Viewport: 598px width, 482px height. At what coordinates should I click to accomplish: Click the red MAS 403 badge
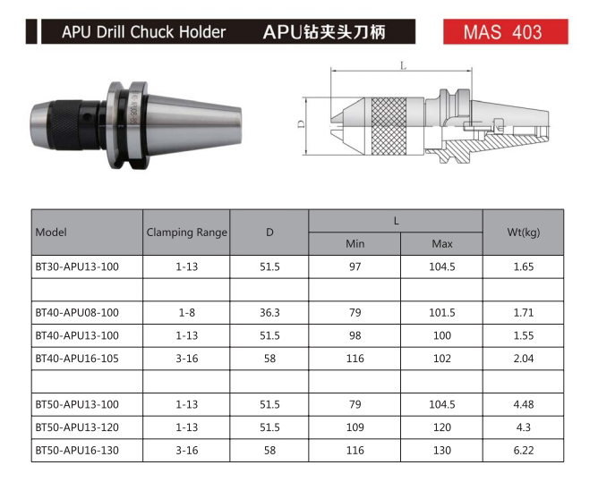[505, 31]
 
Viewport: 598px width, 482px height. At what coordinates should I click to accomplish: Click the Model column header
[51, 232]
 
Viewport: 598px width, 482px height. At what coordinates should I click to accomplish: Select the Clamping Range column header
[187, 232]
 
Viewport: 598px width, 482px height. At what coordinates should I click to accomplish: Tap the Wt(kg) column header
[524, 232]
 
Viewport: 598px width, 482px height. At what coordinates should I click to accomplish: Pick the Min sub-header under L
[355, 244]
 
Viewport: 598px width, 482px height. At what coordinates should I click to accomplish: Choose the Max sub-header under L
[442, 244]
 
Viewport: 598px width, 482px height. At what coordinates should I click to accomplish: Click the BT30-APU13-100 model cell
[77, 266]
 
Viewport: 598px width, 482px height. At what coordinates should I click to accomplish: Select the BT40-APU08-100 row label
[77, 312]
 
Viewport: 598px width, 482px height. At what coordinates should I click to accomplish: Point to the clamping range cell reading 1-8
[187, 312]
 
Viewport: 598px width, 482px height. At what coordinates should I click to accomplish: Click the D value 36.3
[269, 312]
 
